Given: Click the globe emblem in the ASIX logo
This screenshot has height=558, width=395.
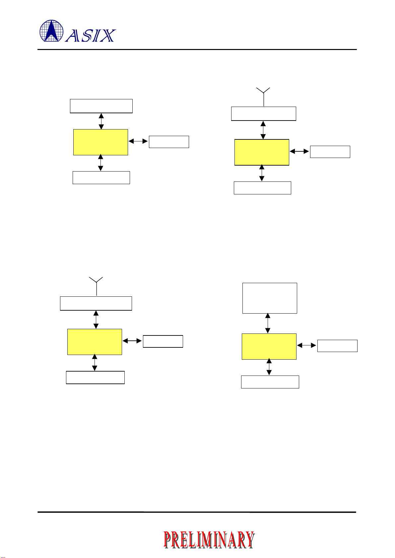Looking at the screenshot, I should coord(51,31).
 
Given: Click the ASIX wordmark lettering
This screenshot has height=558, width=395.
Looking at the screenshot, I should coord(90,36).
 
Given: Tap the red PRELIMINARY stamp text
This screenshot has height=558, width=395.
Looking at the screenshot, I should coord(209,539).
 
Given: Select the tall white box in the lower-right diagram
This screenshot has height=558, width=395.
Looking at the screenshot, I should coord(270,298).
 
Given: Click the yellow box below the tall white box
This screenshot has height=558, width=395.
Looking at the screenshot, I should coord(269,346).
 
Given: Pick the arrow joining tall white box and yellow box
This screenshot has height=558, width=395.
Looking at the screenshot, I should coord(268,323).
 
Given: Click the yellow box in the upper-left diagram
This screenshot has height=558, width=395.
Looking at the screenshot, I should coord(100,142).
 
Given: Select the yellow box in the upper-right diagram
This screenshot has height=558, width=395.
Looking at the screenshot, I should coord(262,152).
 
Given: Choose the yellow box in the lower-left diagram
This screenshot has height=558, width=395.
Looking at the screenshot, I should coord(95,342).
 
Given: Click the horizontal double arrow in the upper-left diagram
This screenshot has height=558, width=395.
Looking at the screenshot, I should coord(138,141).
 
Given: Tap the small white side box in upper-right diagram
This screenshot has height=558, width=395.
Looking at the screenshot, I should coord(330,152).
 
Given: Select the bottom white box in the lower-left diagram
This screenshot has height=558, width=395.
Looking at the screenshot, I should coord(95,378).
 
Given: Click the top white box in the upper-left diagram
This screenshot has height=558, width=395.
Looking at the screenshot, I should coord(101,106).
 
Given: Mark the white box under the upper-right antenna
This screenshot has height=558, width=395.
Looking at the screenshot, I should coord(263,114).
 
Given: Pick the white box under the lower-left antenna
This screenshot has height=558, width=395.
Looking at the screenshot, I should coord(96,303).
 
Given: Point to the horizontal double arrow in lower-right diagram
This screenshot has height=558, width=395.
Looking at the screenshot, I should coord(307,345).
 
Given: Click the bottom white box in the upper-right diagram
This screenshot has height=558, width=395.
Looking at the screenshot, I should coord(262,188).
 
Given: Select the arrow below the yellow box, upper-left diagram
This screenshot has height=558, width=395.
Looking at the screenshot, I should coord(100,163).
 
